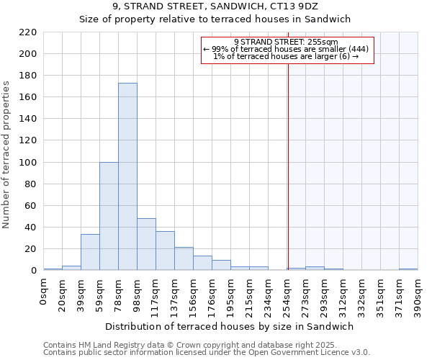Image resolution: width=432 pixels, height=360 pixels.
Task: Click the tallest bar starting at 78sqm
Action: pyautogui.click(x=127, y=176)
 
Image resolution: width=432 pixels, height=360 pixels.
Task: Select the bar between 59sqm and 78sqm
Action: pyautogui.click(x=109, y=216)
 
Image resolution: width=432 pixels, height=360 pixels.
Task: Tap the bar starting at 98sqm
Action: pyautogui.click(x=146, y=244)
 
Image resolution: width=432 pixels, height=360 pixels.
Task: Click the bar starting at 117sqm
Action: pyautogui.click(x=165, y=251)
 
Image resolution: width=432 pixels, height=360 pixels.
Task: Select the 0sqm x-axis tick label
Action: pyautogui.click(x=43, y=291)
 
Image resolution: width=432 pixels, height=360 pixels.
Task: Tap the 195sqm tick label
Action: pyautogui.click(x=230, y=294)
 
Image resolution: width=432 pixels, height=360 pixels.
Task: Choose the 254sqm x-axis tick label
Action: pyautogui.click(x=287, y=294)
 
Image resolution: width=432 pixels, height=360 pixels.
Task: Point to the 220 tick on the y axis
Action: pyautogui.click(x=28, y=32)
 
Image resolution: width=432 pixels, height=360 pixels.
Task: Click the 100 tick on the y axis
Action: pyautogui.click(x=28, y=163)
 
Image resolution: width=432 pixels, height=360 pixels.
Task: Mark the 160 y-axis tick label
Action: pyautogui.click(x=28, y=97)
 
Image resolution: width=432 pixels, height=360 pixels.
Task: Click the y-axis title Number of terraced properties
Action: pyautogui.click(x=7, y=155)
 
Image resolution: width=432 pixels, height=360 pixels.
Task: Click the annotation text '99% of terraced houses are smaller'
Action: pyautogui.click(x=280, y=49)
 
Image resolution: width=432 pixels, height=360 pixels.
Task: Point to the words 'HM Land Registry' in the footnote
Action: pyautogui.click(x=107, y=345)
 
